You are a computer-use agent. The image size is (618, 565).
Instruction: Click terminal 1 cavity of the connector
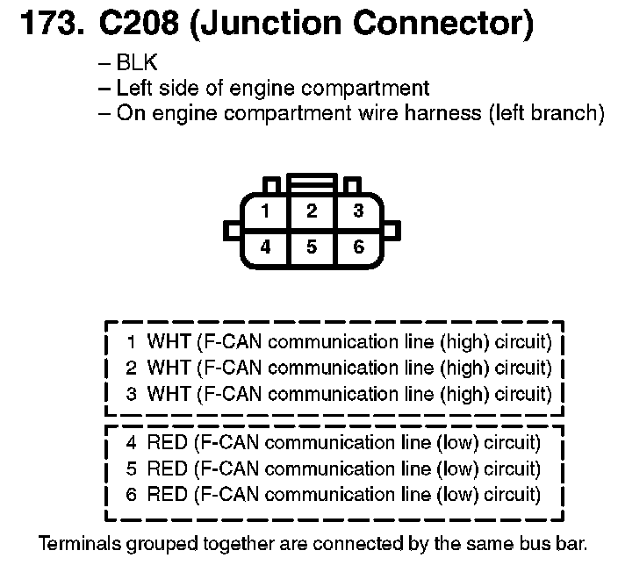tap(265, 211)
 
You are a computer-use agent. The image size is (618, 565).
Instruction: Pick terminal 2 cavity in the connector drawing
tap(312, 211)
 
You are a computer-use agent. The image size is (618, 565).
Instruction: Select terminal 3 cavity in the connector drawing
tap(358, 211)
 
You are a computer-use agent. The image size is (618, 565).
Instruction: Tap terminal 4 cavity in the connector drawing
tap(265, 247)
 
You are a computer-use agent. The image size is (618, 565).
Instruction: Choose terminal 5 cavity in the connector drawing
tap(312, 247)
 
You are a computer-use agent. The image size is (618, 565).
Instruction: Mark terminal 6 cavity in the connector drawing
tap(358, 247)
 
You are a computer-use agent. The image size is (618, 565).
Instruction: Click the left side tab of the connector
tap(232, 230)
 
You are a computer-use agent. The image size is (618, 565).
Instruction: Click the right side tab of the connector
tap(392, 230)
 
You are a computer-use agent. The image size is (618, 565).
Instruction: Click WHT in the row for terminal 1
tap(168, 340)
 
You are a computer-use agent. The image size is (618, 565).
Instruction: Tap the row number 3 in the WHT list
tap(132, 394)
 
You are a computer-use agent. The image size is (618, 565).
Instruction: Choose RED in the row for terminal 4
tap(168, 441)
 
